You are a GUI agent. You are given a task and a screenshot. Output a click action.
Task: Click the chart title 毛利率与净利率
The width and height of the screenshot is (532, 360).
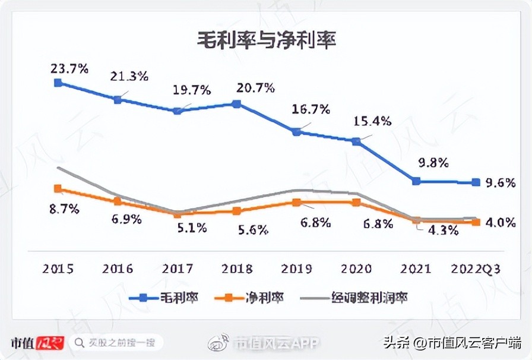tap(267, 40)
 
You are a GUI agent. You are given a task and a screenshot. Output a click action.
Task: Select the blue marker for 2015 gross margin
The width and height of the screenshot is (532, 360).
tap(58, 83)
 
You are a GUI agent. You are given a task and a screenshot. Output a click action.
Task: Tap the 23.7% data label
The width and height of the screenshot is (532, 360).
tap(69, 68)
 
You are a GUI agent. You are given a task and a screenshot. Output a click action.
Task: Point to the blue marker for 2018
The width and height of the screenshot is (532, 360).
tap(236, 104)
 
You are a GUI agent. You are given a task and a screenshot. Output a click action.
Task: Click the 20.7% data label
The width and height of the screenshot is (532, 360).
tap(256, 89)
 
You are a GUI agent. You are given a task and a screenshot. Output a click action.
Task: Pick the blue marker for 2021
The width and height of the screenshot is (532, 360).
tap(416, 181)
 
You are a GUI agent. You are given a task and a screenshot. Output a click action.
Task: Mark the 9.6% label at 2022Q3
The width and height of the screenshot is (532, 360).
tap(500, 183)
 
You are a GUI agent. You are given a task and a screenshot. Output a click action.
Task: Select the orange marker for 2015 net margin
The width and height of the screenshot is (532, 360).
tap(58, 188)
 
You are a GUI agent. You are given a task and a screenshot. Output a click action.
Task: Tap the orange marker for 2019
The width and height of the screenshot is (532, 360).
tap(296, 202)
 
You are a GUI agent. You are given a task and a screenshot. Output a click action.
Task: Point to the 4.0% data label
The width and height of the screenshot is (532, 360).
tap(500, 223)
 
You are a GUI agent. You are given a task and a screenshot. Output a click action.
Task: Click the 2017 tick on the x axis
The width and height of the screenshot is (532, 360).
tap(177, 269)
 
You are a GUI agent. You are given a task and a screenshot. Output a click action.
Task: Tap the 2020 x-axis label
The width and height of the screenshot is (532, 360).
tap(356, 269)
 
